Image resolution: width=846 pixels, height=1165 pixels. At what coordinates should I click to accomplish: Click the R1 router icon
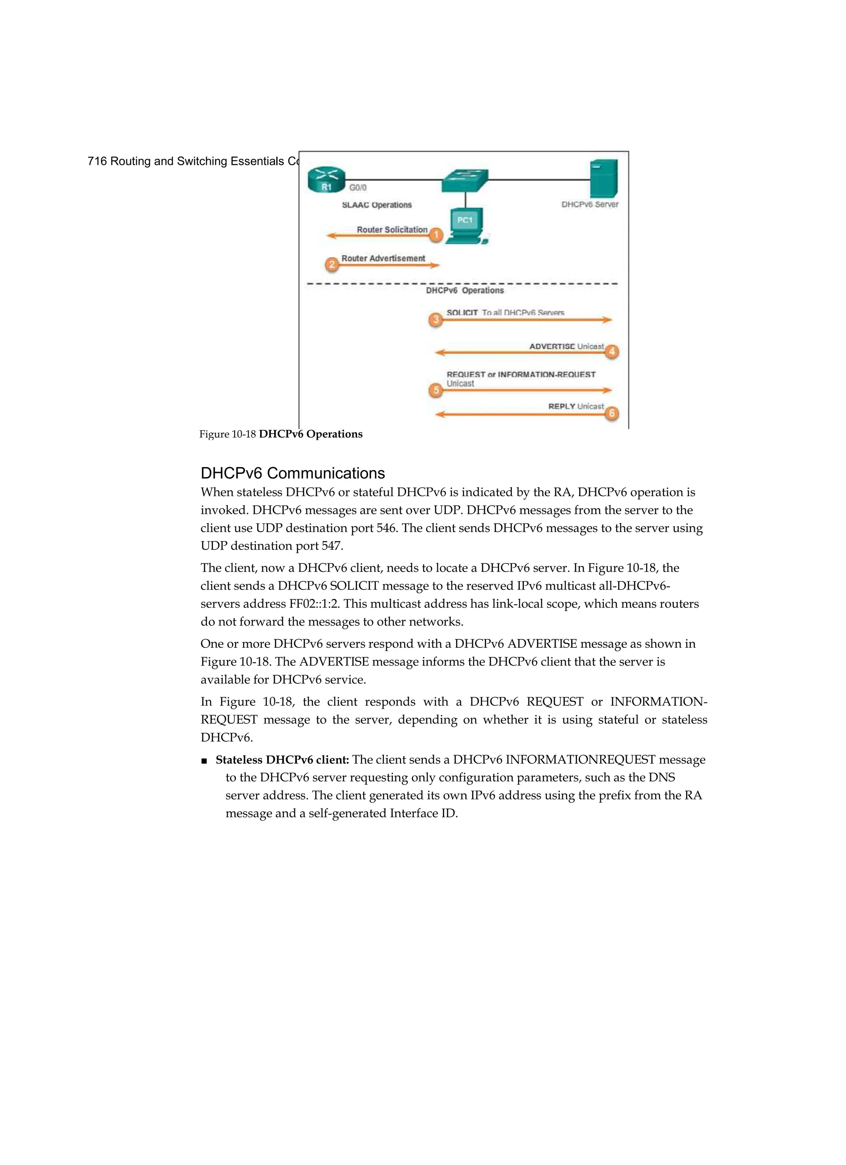(326, 181)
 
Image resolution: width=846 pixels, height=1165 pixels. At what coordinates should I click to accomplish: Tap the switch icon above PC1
(465, 180)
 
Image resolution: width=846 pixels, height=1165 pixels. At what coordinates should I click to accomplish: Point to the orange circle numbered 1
(436, 235)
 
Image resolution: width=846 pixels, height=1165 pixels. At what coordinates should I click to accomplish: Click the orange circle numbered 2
(332, 265)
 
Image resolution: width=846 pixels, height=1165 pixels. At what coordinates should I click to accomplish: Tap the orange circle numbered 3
(436, 320)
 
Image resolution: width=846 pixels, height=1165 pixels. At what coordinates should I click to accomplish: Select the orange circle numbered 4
(611, 351)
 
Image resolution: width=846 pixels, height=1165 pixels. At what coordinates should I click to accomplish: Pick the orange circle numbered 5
(436, 390)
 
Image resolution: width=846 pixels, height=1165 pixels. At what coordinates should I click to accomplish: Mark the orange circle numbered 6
(611, 413)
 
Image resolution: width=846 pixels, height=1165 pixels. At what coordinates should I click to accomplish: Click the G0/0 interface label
(358, 188)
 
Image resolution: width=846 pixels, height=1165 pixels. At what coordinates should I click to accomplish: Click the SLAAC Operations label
(377, 205)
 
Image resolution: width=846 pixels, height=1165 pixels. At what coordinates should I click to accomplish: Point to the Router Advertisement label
(383, 258)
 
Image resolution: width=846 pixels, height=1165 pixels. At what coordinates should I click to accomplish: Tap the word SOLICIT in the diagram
(462, 312)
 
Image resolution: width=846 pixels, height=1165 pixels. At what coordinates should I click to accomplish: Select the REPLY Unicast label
(575, 406)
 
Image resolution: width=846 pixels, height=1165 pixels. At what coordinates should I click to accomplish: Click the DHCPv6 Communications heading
(292, 473)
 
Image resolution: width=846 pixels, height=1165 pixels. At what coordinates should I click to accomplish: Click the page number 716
(97, 161)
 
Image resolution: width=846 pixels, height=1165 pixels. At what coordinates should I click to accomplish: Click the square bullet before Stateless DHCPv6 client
(204, 761)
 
